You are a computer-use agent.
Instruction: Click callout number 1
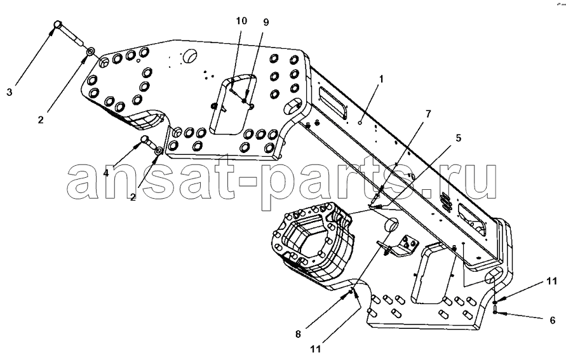(x=381, y=79)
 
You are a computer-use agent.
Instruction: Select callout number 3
(x=10, y=92)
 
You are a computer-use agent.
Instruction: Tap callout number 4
(x=106, y=173)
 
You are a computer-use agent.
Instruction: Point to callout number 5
(x=459, y=138)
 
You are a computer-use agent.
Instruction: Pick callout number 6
(x=552, y=320)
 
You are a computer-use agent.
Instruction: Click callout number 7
(x=428, y=114)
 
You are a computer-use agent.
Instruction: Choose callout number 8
(x=298, y=335)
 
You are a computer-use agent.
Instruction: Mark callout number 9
(x=266, y=22)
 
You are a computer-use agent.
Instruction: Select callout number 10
(x=241, y=21)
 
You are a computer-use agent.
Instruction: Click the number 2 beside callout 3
(x=41, y=119)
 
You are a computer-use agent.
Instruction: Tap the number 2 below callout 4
(x=133, y=197)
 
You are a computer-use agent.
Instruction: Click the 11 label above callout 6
(x=551, y=281)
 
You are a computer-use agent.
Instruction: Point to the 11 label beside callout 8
(x=315, y=349)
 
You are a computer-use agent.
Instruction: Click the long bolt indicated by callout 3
(x=70, y=34)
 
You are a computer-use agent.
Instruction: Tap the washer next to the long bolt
(x=90, y=51)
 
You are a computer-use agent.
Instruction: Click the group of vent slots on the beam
(x=447, y=203)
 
